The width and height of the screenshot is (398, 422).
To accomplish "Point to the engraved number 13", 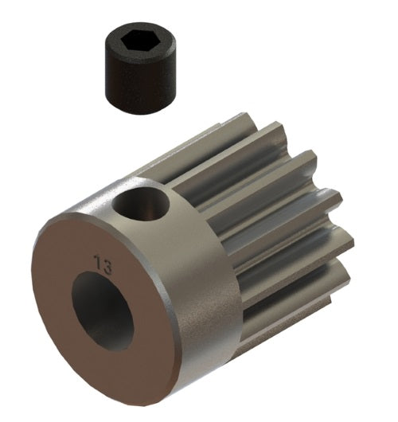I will (x=102, y=262).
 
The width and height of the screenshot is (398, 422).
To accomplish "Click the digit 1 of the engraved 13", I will (x=97, y=261).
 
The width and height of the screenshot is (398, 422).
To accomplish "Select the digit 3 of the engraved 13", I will (x=106, y=263).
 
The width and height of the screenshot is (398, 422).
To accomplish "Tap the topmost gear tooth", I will (x=239, y=127).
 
